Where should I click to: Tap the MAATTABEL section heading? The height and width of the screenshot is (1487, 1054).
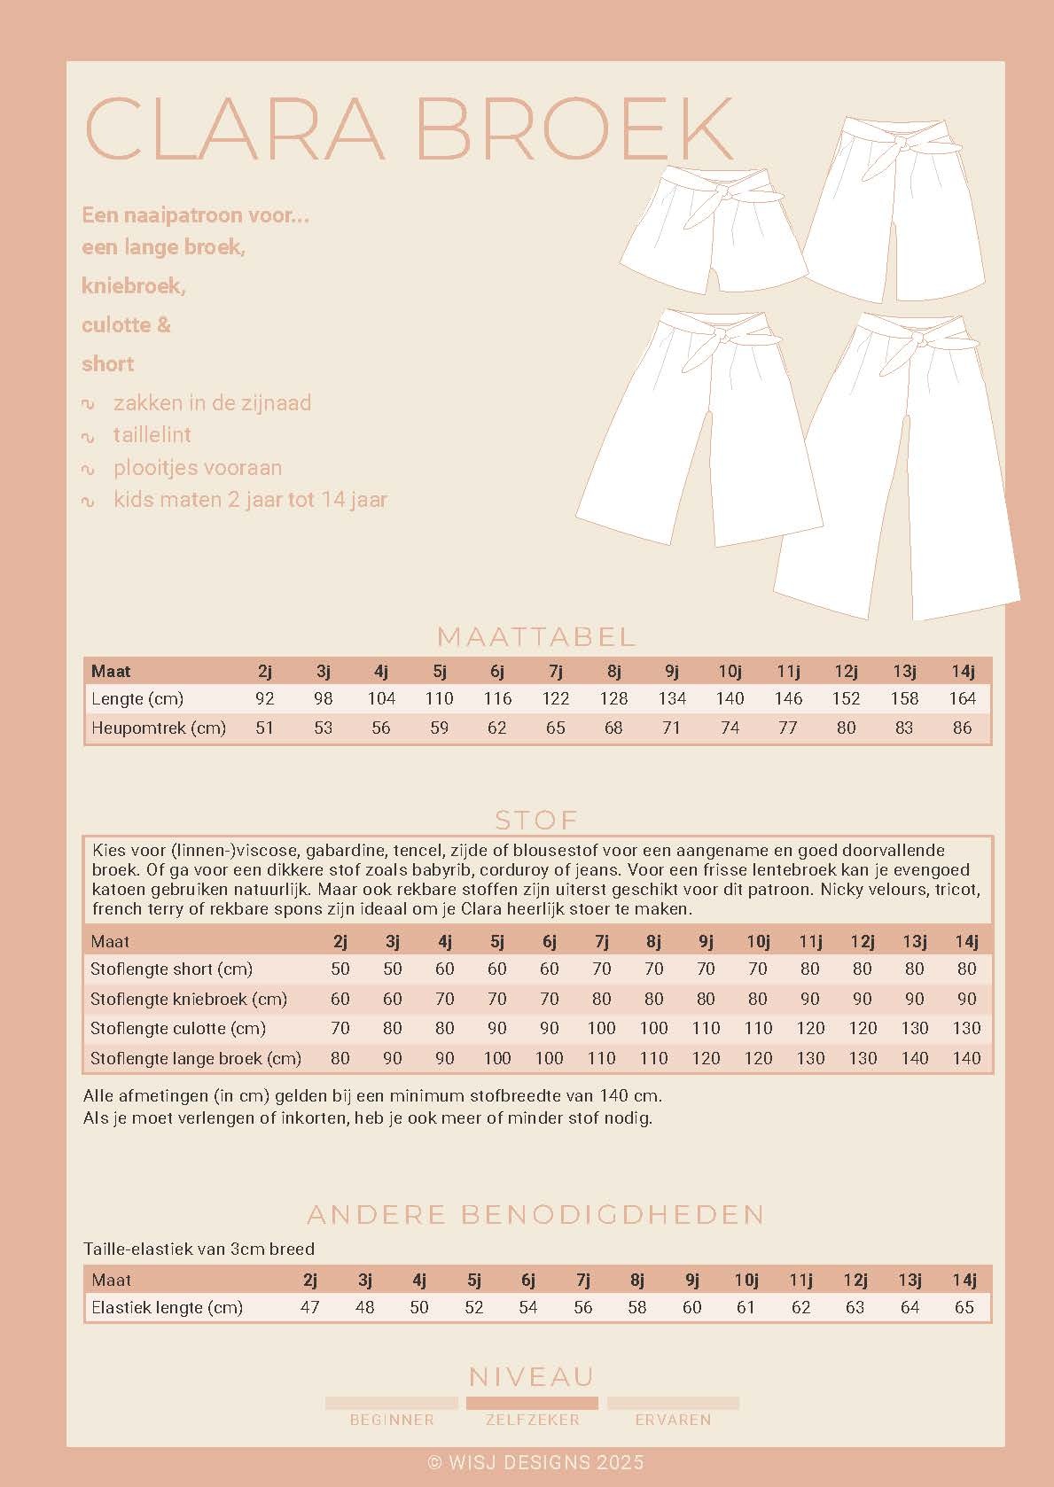point(537,636)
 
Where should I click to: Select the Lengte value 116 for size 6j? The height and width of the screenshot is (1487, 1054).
point(497,698)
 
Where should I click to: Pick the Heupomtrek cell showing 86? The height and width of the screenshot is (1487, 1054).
point(963,728)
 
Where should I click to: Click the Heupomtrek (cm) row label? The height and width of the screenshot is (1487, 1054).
point(159,728)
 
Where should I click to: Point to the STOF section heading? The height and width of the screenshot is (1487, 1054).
point(536,819)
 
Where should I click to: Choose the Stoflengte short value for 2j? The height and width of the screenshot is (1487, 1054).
point(340,969)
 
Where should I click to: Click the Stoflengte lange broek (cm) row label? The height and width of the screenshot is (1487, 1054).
point(196,1058)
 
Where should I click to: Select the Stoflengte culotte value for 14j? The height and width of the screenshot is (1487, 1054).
point(966,1028)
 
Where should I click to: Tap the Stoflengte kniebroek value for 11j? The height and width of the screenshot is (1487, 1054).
point(810,999)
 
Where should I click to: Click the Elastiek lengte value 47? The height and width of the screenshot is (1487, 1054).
point(309,1307)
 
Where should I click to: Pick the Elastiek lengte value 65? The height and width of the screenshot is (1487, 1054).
point(964,1307)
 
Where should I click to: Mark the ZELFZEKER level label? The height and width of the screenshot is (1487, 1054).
point(532,1420)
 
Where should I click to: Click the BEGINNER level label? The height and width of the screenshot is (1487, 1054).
point(392,1420)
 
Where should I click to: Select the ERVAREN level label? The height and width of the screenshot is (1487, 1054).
point(673,1420)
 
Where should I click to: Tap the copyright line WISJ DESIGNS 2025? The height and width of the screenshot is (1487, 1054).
point(535,1462)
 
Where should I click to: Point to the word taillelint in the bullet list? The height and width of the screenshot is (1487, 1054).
point(152,435)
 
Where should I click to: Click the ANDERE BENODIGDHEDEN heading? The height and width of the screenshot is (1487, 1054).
point(535,1214)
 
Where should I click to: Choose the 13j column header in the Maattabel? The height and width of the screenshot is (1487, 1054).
point(904,671)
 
